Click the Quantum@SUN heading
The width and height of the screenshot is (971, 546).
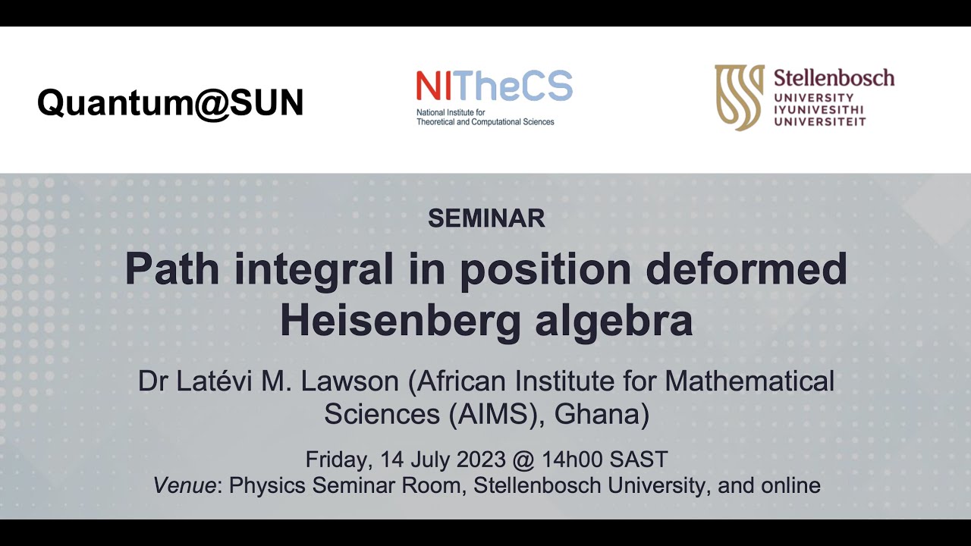[x=170, y=102]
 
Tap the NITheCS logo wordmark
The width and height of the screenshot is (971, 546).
[x=494, y=86]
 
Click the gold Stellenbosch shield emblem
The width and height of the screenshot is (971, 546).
[x=739, y=97]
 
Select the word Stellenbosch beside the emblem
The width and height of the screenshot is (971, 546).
[x=834, y=77]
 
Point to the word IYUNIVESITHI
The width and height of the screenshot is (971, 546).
[x=819, y=109]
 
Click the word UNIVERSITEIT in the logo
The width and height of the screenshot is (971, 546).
[x=819, y=121]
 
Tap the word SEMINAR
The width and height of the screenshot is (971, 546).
[x=486, y=218]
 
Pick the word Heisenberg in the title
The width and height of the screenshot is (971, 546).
[x=401, y=320]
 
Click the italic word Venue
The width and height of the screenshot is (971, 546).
[x=184, y=485]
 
